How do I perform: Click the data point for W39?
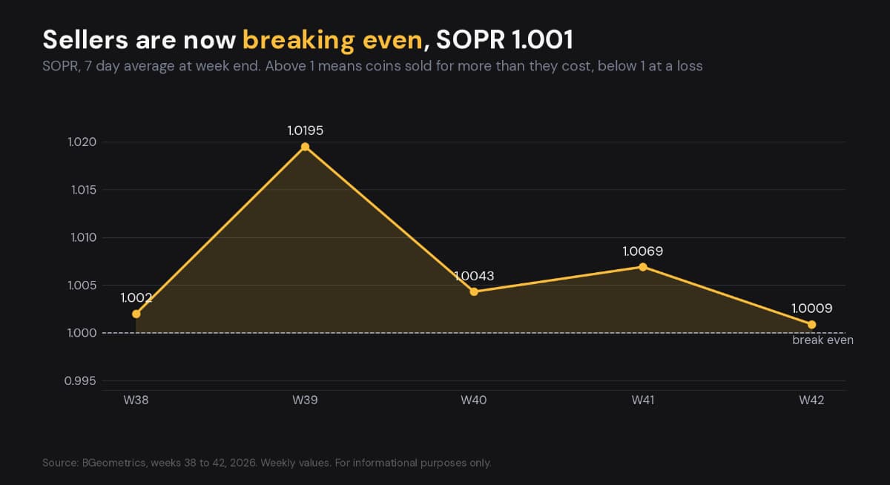pyautogui.click(x=305, y=147)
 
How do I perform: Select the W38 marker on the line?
pyautogui.click(x=136, y=314)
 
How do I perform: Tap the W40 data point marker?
pyautogui.click(x=474, y=292)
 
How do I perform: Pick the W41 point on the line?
pyautogui.click(x=642, y=267)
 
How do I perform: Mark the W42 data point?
pyautogui.click(x=811, y=325)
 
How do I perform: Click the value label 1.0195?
pyautogui.click(x=305, y=131)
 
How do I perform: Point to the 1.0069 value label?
pyautogui.click(x=642, y=251)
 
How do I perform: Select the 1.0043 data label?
pyautogui.click(x=474, y=276)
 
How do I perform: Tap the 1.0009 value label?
pyautogui.click(x=811, y=309)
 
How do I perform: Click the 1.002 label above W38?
pyautogui.click(x=136, y=297)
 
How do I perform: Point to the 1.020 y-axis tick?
pyautogui.click(x=82, y=142)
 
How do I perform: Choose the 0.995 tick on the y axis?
pyautogui.click(x=80, y=381)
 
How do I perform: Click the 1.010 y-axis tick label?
pyautogui.click(x=83, y=237)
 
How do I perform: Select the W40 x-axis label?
pyautogui.click(x=474, y=400)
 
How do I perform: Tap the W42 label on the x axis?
pyautogui.click(x=811, y=400)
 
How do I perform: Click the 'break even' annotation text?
pyautogui.click(x=823, y=340)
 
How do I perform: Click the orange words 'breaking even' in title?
pyautogui.click(x=332, y=41)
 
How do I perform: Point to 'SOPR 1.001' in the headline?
pyautogui.click(x=504, y=40)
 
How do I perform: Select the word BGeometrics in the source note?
pyautogui.click(x=114, y=463)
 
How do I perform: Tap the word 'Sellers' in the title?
pyautogui.click(x=85, y=40)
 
